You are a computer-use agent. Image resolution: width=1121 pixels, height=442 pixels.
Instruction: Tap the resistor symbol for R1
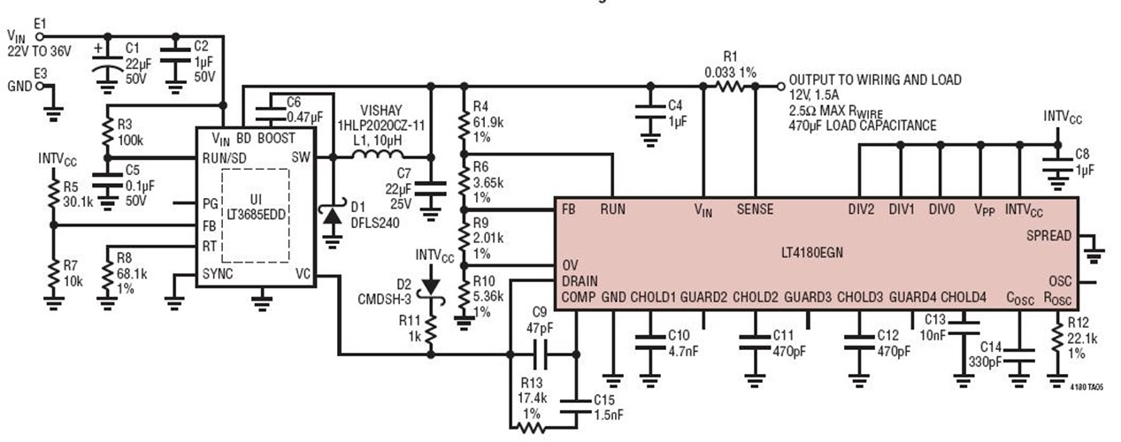(x=732, y=87)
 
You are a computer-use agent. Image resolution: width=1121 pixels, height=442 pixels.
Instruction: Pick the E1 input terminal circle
(x=40, y=36)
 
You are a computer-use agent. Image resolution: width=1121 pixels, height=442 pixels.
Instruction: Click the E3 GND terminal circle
(x=40, y=87)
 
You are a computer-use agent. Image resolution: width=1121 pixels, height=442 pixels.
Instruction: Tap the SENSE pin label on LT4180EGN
(x=755, y=210)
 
